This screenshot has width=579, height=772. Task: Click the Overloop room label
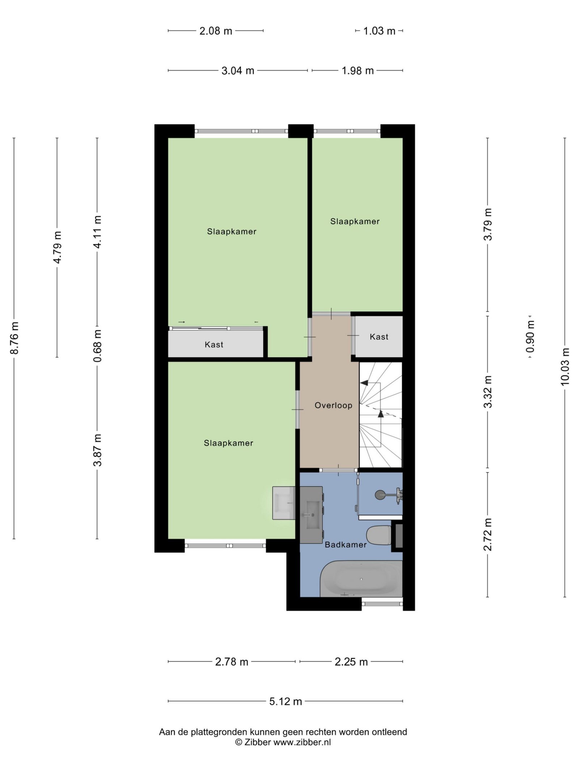click(x=333, y=405)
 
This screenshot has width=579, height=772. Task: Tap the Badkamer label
click(x=346, y=544)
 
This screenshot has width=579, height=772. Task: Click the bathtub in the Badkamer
click(x=361, y=579)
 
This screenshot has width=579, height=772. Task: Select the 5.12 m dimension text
click(x=286, y=701)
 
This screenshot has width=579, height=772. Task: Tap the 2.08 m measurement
click(x=216, y=31)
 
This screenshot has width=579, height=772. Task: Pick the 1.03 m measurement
click(x=379, y=31)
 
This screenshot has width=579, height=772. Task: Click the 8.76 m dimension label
click(x=14, y=338)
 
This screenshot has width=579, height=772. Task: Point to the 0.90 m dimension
click(x=530, y=337)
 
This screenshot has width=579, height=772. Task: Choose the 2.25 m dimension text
click(x=351, y=662)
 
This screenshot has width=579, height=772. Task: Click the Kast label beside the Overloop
click(x=379, y=337)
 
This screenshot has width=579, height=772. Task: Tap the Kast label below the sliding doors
click(x=214, y=345)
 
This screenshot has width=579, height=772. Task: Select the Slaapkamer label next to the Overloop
click(x=228, y=443)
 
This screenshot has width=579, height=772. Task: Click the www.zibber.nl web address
click(x=302, y=742)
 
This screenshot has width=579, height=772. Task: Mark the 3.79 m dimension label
click(x=488, y=224)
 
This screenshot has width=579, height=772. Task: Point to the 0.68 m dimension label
click(x=97, y=346)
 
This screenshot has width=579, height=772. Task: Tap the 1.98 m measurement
click(x=358, y=71)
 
